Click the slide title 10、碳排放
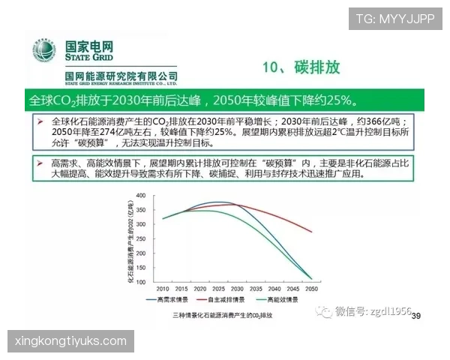click(x=301, y=67)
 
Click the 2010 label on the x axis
click(x=161, y=288)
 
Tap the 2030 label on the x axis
click(x=237, y=288)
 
